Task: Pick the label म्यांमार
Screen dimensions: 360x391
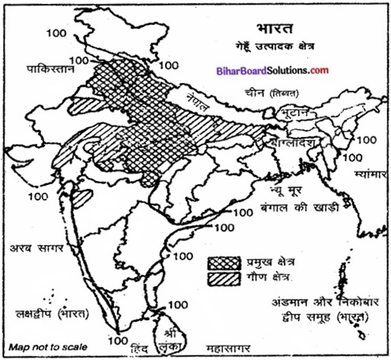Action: pos(368,174)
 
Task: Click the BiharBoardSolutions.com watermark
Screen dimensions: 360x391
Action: pos(288,70)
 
